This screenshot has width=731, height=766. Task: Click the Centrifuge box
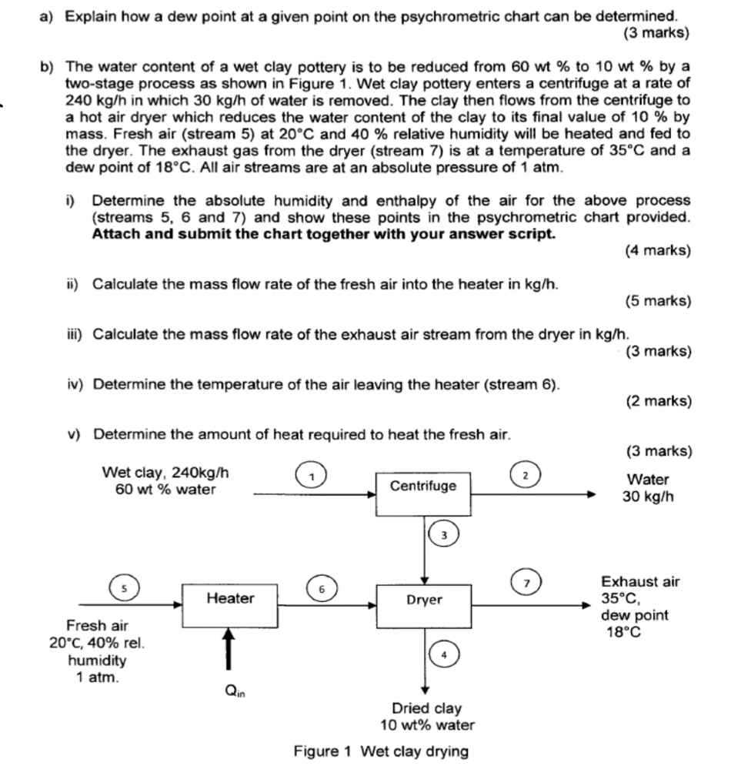coord(422,487)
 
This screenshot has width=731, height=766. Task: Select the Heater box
coord(230,598)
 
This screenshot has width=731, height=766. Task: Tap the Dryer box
coord(424,599)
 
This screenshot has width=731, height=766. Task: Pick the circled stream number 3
coord(443,534)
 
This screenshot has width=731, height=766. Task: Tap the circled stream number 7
coord(526,584)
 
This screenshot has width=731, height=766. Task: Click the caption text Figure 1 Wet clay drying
coord(381,751)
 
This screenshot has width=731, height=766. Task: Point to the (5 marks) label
coord(658,301)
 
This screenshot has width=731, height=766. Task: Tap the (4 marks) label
coord(658,250)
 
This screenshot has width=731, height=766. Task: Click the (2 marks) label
coord(658,401)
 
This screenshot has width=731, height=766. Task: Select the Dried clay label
coord(426,708)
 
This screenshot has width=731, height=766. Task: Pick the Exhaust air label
coord(640,582)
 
